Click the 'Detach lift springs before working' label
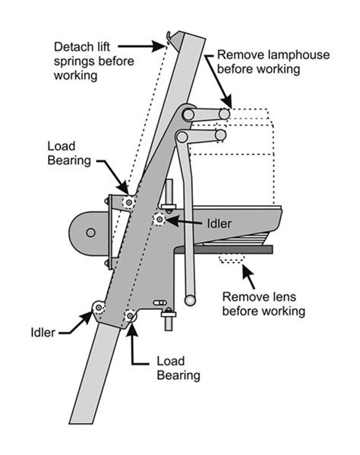pos(93,62)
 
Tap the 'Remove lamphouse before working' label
pos(273,62)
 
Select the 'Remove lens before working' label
pos(264,304)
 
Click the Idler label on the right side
pos(219,223)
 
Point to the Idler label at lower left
pos(43,332)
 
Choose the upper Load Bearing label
pos(69,153)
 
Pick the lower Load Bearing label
pos(178,368)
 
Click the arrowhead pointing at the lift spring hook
pos(159,46)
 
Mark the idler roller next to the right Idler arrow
pos(159,219)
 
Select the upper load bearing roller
pos(128,202)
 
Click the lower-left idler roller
pos(99,308)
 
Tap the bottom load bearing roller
pos(130,314)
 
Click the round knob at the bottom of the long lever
pos(190,300)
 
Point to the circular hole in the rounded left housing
pos(91,232)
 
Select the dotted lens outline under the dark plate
pos(232,258)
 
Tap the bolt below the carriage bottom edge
pos(169,319)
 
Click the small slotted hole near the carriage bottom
pos(159,302)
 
